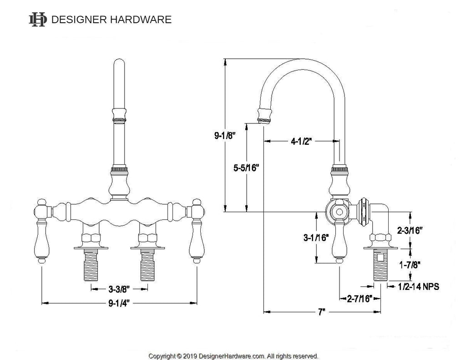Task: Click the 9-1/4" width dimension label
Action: click(x=119, y=302)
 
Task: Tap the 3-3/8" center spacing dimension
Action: click(x=119, y=289)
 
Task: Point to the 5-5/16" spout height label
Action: click(x=246, y=167)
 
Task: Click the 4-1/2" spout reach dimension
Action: click(x=300, y=141)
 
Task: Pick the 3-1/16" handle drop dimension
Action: click(x=316, y=237)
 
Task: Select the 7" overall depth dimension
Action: click(x=321, y=312)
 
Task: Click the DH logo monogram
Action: click(x=38, y=20)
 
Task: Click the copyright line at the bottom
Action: click(x=233, y=355)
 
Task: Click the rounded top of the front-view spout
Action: click(x=119, y=64)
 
